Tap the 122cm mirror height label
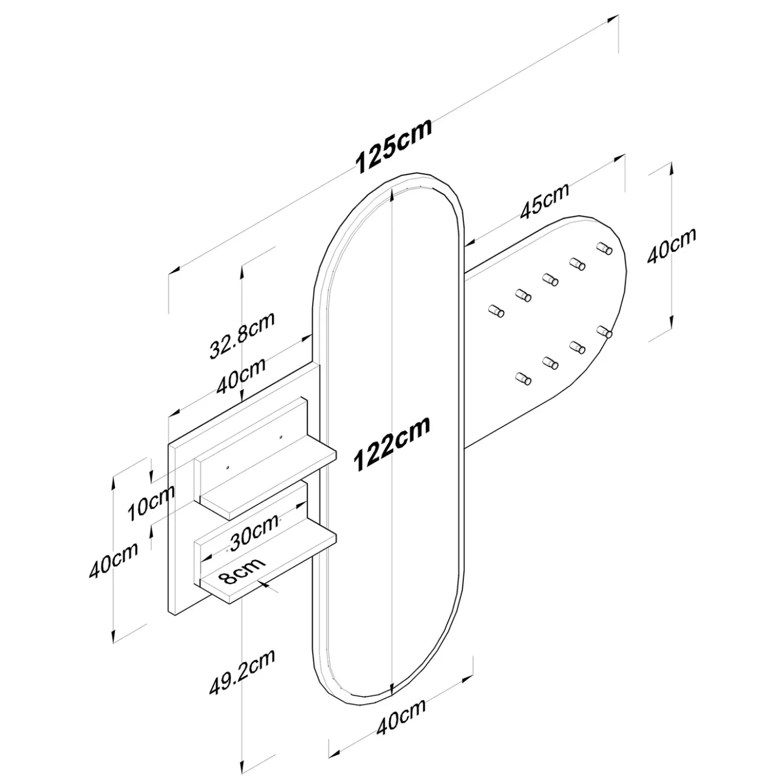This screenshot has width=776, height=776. click(392, 443)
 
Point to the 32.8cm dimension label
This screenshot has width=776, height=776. click(242, 335)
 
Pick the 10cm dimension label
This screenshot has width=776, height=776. click(151, 502)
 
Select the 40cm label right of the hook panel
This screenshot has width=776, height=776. click(671, 246)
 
